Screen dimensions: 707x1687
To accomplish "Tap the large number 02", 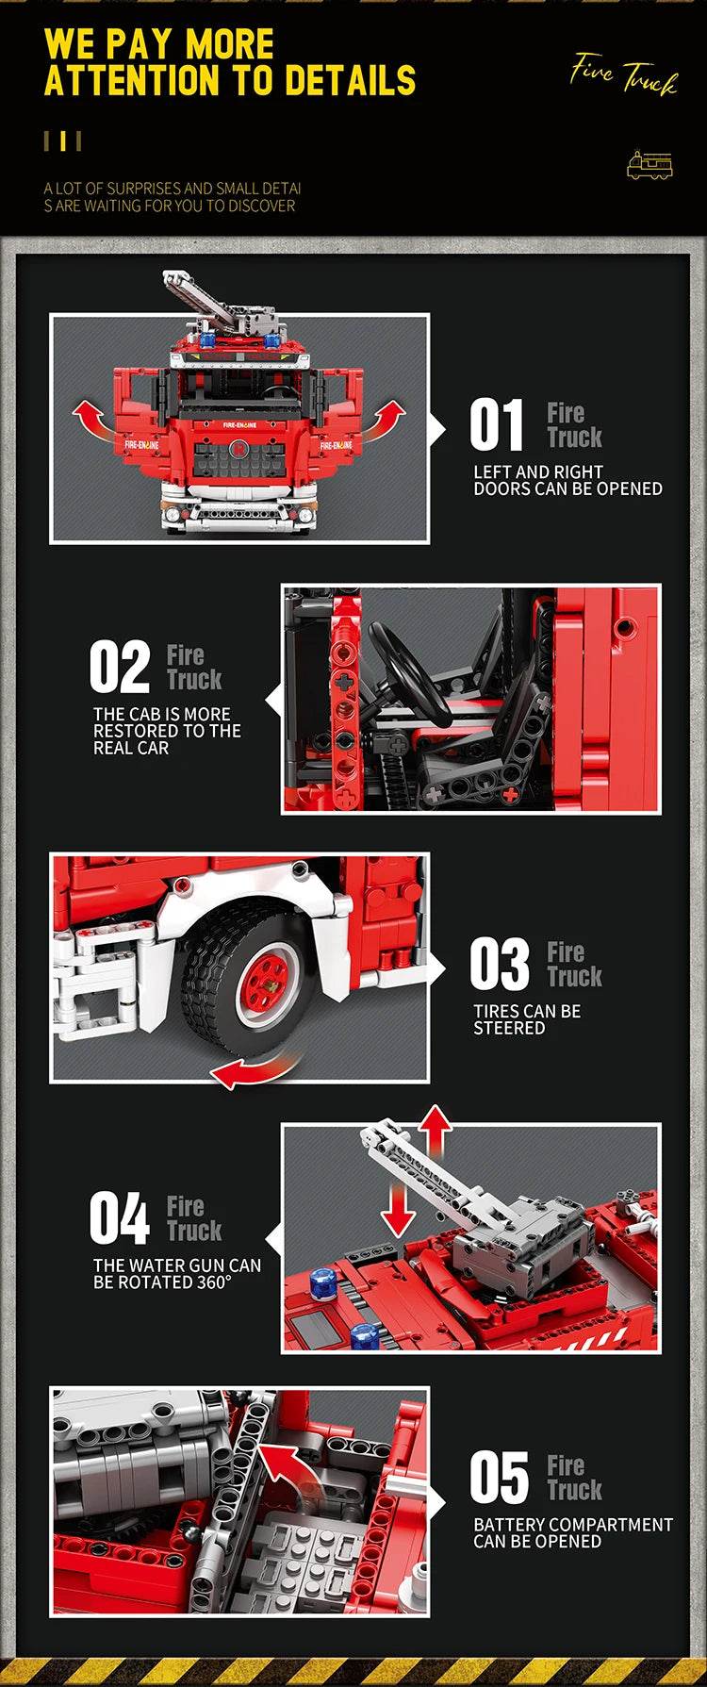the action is tap(120, 667).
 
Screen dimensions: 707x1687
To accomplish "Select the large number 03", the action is tap(500, 964).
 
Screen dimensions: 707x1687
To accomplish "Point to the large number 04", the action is tap(120, 1218).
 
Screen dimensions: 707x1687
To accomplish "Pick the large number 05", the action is tap(500, 1478).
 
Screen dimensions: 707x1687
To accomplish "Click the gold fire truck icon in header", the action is tap(650, 165).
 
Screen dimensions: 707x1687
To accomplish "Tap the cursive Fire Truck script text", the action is tap(623, 74).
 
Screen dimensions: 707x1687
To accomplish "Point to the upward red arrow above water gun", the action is tap(435, 1131).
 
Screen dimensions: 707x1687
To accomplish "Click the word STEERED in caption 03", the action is tap(509, 1029).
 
